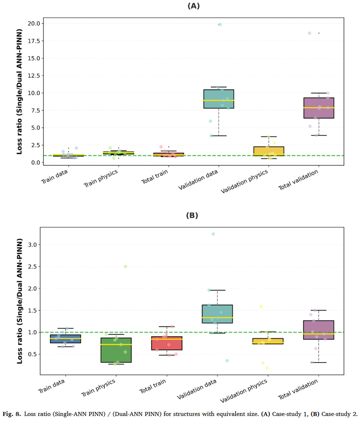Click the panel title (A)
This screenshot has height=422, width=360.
pyautogui.click(x=193, y=6)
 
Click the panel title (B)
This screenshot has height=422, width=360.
pyautogui.click(x=192, y=215)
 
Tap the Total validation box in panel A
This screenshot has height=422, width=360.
pyautogui.click(x=319, y=108)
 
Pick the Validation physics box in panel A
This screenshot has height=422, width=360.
pyautogui.click(x=268, y=151)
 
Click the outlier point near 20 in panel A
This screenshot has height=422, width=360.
pyautogui.click(x=220, y=24)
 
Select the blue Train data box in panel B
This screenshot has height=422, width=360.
pyautogui.click(x=65, y=339)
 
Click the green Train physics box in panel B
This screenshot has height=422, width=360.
pyautogui.click(x=116, y=350)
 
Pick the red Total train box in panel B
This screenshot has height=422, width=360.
pyautogui.click(x=167, y=343)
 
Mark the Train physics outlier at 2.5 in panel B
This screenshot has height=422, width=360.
pyautogui.click(x=125, y=267)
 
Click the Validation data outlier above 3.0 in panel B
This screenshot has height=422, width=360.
pyautogui.click(x=213, y=234)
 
